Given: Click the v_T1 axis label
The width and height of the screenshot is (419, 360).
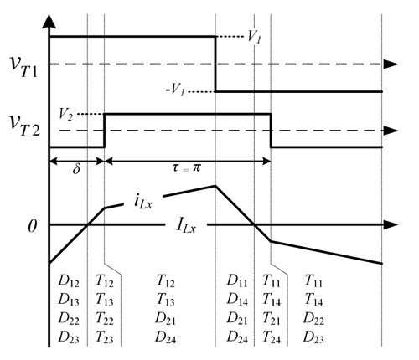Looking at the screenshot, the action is (x=23, y=66).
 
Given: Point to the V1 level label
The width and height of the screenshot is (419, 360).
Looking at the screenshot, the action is (x=255, y=37).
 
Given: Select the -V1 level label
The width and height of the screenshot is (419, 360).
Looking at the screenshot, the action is (x=175, y=90).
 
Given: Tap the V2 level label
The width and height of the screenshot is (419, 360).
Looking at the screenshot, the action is (x=65, y=115).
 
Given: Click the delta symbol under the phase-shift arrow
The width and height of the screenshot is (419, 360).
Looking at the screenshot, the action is (x=76, y=168).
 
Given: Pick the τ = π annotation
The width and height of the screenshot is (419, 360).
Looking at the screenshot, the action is (x=187, y=167).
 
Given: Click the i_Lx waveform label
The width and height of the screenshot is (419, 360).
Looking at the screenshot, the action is (x=143, y=202).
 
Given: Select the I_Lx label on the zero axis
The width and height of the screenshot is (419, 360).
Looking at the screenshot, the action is (x=186, y=225).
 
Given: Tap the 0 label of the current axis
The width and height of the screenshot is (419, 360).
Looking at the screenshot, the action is (x=33, y=226).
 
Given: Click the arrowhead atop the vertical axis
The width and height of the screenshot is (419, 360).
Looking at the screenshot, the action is (x=49, y=22).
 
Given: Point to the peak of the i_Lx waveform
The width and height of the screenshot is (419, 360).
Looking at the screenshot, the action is (x=215, y=185).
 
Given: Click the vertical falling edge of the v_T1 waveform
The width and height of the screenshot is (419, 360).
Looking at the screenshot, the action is (x=215, y=64).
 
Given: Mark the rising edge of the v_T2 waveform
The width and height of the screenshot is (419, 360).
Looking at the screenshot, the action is (x=105, y=131).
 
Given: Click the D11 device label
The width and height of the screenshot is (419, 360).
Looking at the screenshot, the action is (x=237, y=280).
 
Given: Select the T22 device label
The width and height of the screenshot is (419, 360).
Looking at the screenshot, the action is (x=105, y=319).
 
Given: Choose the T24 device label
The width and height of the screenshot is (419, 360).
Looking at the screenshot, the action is (x=272, y=337).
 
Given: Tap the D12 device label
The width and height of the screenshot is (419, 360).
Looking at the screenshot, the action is (x=69, y=280).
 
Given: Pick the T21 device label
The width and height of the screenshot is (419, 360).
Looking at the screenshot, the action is (x=272, y=319).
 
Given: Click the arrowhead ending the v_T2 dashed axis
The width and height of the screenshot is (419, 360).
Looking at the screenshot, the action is (x=391, y=131).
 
